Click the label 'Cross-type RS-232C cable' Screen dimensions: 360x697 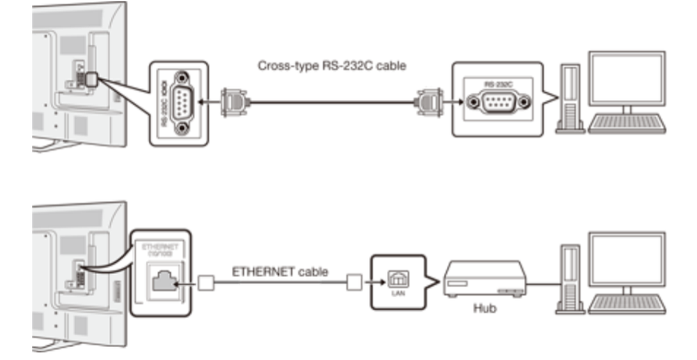tap(332, 66)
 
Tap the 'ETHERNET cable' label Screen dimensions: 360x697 tap(280, 272)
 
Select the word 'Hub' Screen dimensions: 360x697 tap(485, 308)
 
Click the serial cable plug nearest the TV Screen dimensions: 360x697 tap(232, 103)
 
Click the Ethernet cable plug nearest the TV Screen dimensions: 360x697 tap(206, 283)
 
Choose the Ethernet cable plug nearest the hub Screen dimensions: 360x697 tap(354, 283)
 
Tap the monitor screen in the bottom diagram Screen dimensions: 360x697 tap(627, 259)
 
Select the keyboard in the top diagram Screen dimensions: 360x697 tap(628, 123)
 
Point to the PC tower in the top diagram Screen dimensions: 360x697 tap(570, 99)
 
